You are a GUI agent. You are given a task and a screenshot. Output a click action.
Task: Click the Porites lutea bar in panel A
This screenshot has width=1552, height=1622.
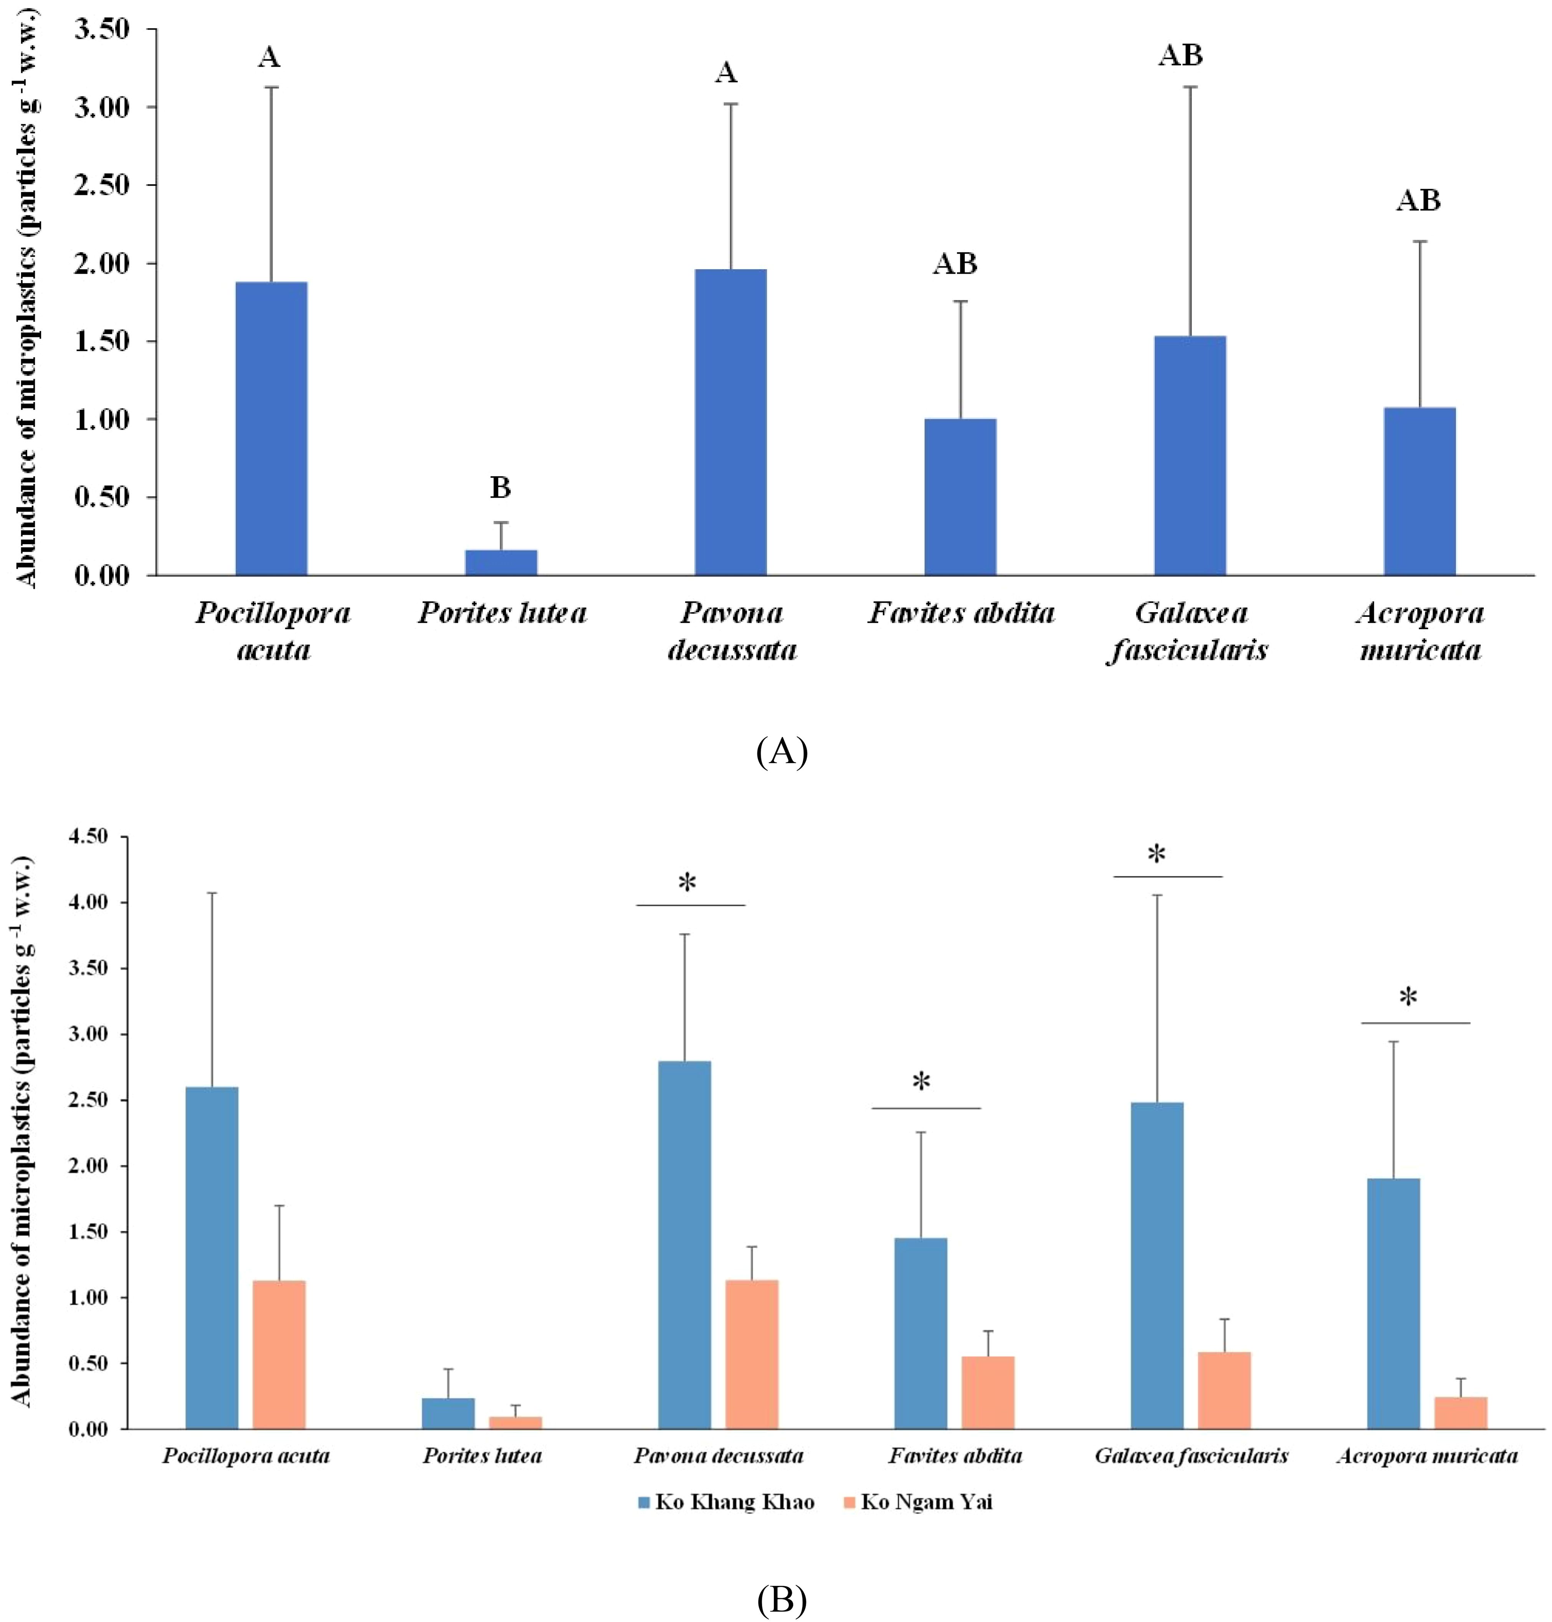(501, 562)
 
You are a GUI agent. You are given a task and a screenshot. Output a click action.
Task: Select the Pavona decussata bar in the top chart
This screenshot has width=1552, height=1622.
(730, 422)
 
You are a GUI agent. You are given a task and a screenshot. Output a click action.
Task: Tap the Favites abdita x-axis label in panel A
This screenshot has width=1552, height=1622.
(961, 613)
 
